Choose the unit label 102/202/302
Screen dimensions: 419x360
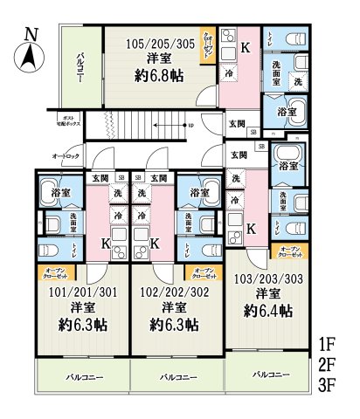coord(173,292)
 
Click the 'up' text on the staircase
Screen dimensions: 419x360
coord(190,124)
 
